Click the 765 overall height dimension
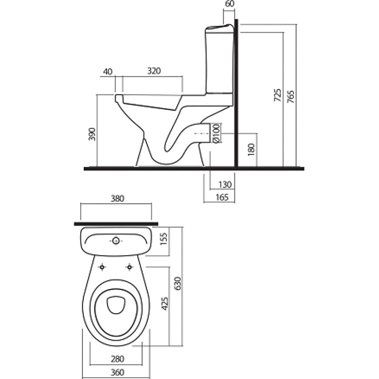tap(290, 97)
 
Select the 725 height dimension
tap(278, 95)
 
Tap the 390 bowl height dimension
tap(92, 134)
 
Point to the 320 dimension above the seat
tap(154, 71)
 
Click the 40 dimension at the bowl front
tap(108, 72)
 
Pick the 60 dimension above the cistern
tap(230, 4)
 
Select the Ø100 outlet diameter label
tap(217, 133)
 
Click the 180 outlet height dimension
tap(252, 150)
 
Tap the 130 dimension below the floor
tap(225, 185)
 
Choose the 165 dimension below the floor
tap(222, 197)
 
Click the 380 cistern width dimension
tap(117, 199)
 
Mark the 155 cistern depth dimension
tap(164, 239)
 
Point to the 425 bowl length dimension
tap(164, 304)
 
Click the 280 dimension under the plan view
tap(117, 359)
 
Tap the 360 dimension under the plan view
tap(117, 372)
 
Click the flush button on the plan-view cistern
tap(116, 241)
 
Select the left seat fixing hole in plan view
tap(102, 267)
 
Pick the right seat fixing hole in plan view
tap(130, 267)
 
